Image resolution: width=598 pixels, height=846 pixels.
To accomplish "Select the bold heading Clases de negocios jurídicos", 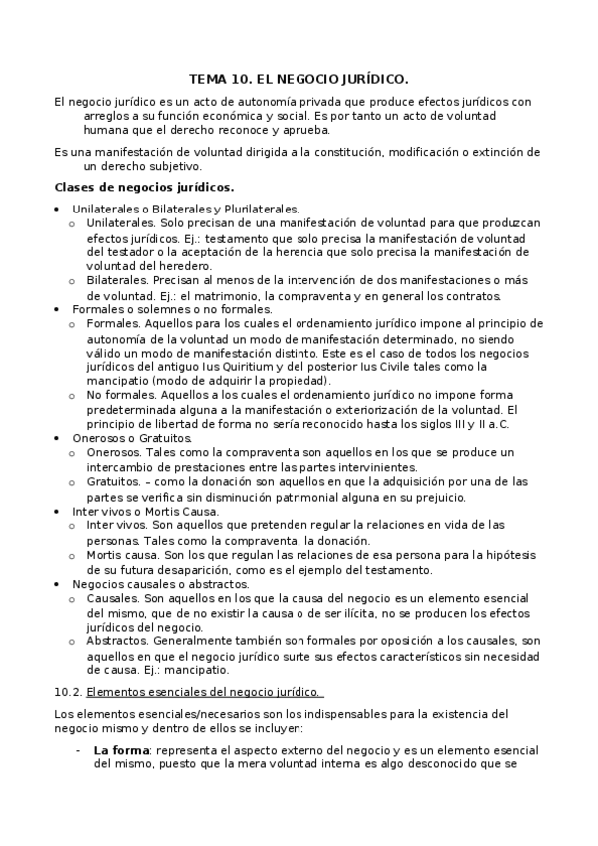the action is [144, 186].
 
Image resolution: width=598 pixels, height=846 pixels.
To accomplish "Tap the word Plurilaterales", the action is [261, 209].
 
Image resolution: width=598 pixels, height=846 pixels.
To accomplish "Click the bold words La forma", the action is [121, 749].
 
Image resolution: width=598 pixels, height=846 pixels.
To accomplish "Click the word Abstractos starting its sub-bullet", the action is [118, 641].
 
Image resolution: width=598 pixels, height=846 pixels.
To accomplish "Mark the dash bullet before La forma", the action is [78, 749].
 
